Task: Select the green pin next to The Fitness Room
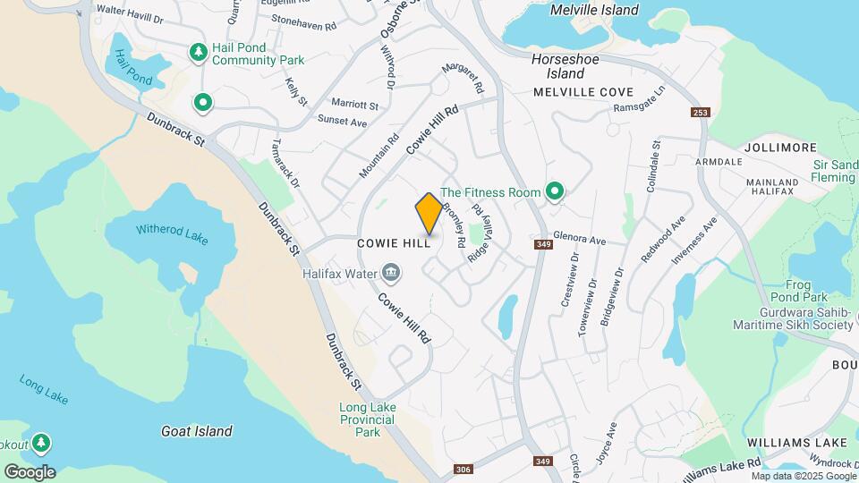point(555,191)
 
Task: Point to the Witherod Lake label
point(172,230)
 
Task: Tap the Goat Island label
point(196,431)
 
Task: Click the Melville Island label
point(595,11)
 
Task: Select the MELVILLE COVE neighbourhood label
point(583,92)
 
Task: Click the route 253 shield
point(700,112)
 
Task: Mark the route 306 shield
point(463,470)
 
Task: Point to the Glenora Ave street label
point(579,240)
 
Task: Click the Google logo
point(30,471)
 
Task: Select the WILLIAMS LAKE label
point(797,442)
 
